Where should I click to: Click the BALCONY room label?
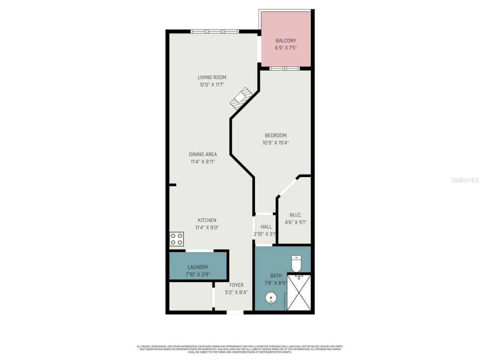(x=286, y=40)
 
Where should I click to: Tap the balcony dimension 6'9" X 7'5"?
(x=286, y=48)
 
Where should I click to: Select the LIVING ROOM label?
(x=212, y=77)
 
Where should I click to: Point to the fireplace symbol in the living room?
(x=240, y=98)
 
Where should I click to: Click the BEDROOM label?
(x=276, y=135)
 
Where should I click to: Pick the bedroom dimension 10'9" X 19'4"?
(x=276, y=143)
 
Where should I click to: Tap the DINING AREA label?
(x=203, y=154)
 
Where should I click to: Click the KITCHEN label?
(x=207, y=220)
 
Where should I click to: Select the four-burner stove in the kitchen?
(x=177, y=239)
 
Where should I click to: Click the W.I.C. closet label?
(x=295, y=215)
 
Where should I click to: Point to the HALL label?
(x=266, y=227)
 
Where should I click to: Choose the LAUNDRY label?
(x=198, y=267)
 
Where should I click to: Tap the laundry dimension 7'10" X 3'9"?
(x=198, y=274)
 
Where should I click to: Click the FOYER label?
(x=237, y=285)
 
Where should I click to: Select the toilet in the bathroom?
(x=296, y=263)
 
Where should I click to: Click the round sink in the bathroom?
(x=271, y=298)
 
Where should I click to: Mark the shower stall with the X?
(x=299, y=292)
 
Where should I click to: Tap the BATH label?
(x=276, y=276)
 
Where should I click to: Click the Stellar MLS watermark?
(x=465, y=180)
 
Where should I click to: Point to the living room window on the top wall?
(x=214, y=31)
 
